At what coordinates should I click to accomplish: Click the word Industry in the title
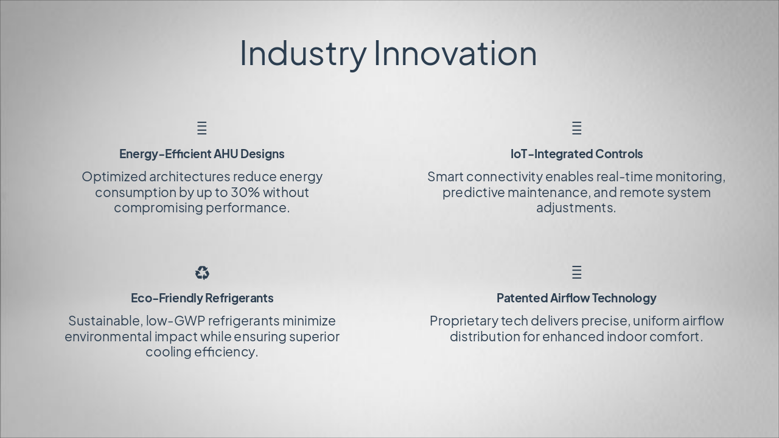tap(303, 54)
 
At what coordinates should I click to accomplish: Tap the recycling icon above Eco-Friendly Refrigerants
tap(202, 273)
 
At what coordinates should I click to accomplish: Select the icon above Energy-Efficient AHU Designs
tap(202, 128)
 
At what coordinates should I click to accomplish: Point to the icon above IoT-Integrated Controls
tap(576, 128)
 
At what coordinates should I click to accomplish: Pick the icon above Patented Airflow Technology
tap(576, 272)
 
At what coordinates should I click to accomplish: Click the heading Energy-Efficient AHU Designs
tap(201, 154)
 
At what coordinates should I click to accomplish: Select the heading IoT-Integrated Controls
tap(576, 154)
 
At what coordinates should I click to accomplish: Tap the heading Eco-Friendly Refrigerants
tap(202, 298)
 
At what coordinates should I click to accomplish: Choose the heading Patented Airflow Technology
tap(576, 298)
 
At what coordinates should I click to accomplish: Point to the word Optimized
tap(114, 177)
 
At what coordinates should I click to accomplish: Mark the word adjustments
tap(576, 208)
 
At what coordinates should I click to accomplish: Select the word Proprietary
tap(464, 321)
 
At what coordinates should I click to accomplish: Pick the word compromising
tap(158, 208)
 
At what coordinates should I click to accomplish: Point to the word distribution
tap(485, 336)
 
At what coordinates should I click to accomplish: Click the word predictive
tap(473, 193)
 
